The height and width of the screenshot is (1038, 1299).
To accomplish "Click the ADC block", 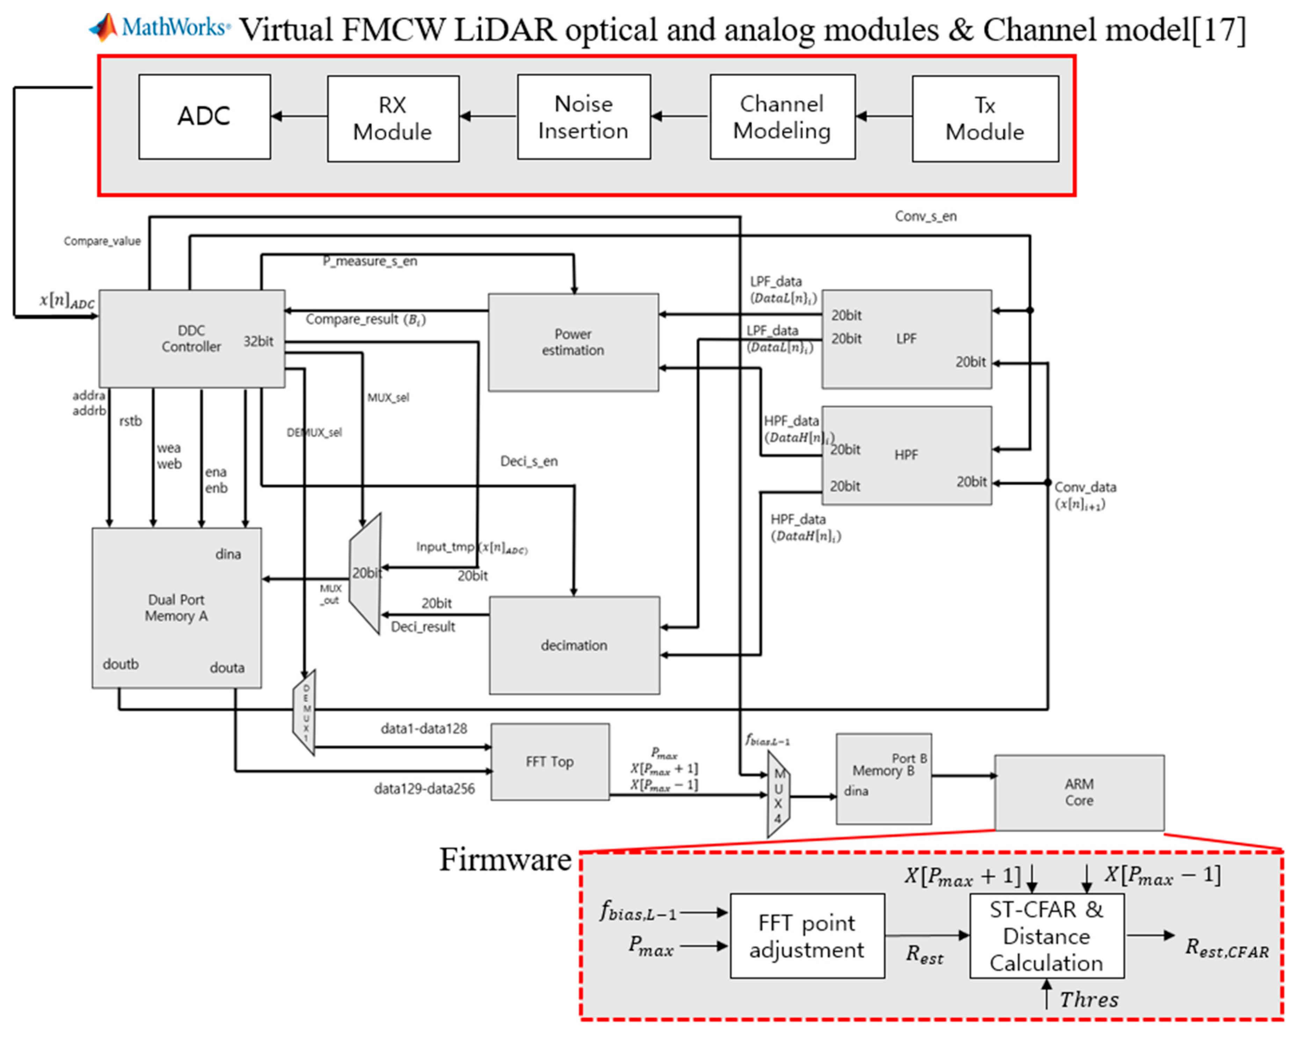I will [x=204, y=117].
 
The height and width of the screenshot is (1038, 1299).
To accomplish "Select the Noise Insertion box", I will [x=583, y=117].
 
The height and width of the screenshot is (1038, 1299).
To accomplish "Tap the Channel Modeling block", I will [x=782, y=117].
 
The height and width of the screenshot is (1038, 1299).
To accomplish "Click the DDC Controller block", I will [x=191, y=338].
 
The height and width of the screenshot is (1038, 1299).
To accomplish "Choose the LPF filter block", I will [x=906, y=339].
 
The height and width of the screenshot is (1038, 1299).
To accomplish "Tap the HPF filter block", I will [x=906, y=455].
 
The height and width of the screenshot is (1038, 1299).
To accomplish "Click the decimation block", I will [x=574, y=645].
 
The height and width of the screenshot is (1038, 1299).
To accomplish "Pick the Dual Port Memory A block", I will [x=176, y=608].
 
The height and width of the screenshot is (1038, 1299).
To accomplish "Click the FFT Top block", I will [x=550, y=761].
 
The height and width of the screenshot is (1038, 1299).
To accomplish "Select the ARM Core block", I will [x=1079, y=792].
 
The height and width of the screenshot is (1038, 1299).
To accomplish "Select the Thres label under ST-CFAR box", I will [x=1088, y=1000].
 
